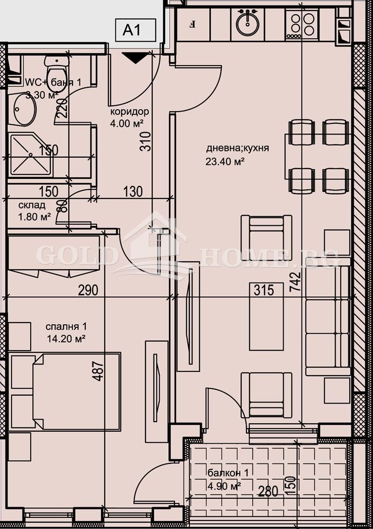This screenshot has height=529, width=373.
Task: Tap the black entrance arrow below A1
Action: tap(137, 58)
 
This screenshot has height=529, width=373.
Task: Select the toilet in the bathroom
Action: tap(56, 69)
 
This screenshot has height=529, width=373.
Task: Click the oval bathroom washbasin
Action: tap(24, 108)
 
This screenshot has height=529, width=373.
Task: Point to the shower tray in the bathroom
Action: tap(31, 154)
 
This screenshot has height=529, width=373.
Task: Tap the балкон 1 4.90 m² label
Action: tap(224, 479)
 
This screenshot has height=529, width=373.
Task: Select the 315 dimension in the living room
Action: tap(263, 290)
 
